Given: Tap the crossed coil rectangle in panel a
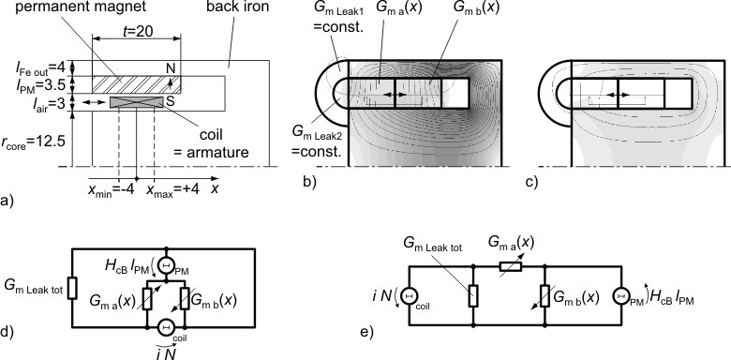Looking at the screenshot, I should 137,101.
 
